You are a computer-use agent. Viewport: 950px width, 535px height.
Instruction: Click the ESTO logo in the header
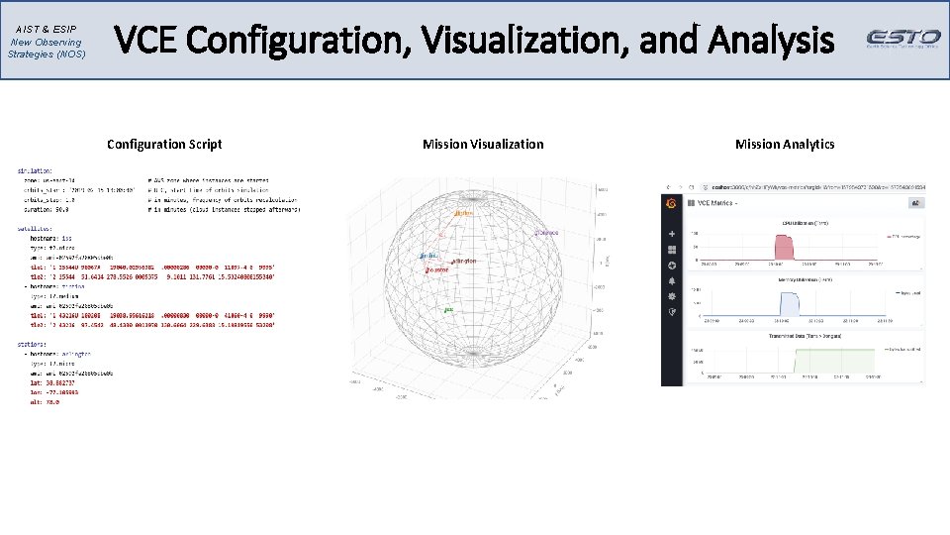tap(903, 39)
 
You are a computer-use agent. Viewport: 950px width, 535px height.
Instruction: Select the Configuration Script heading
tap(164, 145)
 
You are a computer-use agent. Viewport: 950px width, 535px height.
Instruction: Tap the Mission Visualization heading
tap(483, 145)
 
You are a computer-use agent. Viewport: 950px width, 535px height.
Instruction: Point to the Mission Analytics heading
tap(785, 145)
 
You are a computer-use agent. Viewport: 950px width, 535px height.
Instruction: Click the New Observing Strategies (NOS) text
tap(47, 48)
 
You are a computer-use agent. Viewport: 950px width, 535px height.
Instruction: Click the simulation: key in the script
tap(36, 171)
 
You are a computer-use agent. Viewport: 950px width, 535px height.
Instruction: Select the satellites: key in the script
tap(36, 228)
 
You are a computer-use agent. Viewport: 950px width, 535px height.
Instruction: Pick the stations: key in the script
tap(34, 344)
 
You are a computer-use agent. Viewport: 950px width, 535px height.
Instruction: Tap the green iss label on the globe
tap(448, 310)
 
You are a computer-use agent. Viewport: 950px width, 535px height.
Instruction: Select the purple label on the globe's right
tap(547, 233)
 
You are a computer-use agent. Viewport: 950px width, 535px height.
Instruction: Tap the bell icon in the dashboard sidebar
tap(672, 280)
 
